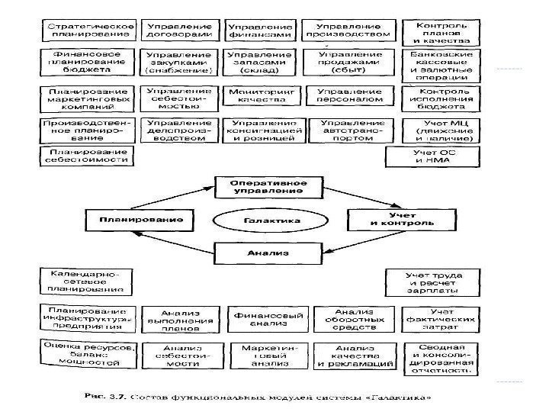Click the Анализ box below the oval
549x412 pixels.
[261, 252]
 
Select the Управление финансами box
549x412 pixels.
[259, 31]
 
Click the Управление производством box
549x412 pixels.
[348, 31]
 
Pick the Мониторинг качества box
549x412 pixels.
[259, 95]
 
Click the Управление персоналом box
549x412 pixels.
[348, 95]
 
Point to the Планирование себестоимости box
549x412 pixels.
[85, 157]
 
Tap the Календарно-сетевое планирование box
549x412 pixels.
[85, 282]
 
